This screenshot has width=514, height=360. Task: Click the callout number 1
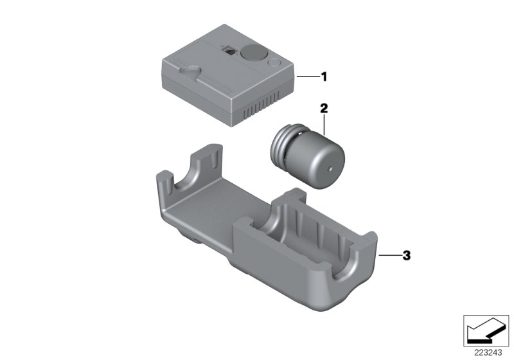324,77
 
